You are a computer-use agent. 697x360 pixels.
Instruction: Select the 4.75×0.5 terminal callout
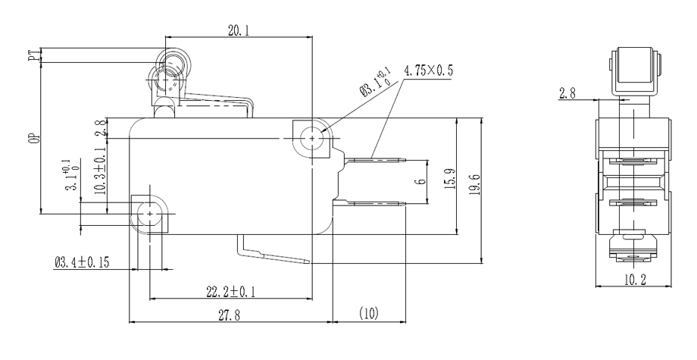pyautogui.click(x=429, y=70)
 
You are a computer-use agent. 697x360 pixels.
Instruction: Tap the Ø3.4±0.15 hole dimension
pyautogui.click(x=82, y=263)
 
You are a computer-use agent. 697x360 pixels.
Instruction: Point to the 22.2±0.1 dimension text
pyautogui.click(x=231, y=291)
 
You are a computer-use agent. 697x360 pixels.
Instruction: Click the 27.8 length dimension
pyautogui.click(x=231, y=315)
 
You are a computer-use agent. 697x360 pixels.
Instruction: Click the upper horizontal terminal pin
pyautogui.click(x=377, y=160)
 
